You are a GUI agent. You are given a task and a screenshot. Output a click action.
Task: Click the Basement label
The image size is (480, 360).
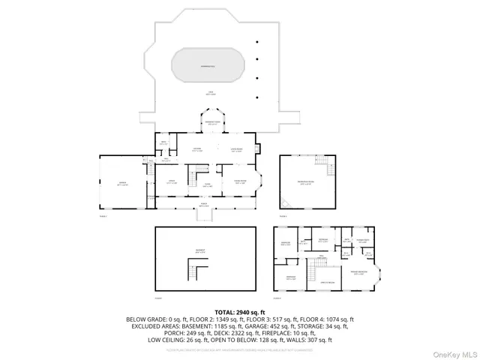pos(201,251)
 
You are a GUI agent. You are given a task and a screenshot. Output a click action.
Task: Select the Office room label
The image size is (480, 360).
pos(171,181)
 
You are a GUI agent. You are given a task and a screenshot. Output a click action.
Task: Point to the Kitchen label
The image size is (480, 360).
pos(198,148)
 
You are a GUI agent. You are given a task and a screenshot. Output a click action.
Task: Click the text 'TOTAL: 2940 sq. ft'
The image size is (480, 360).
pos(240,311)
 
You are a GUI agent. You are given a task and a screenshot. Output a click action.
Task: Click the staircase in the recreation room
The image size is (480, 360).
pos(320,163)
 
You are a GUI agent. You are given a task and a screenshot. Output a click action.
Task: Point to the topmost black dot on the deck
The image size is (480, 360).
pos(257,42)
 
